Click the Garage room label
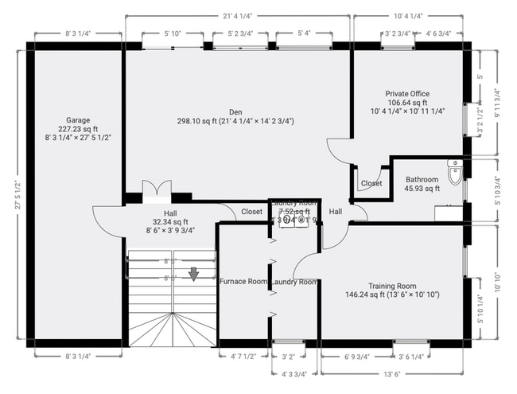tap(78, 120)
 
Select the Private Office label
tap(407, 93)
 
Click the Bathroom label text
tap(422, 179)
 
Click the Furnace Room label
tap(243, 281)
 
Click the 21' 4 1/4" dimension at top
tap(237, 15)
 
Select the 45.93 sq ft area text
tap(422, 189)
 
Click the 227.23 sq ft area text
tap(78, 129)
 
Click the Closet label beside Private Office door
tap(371, 183)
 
